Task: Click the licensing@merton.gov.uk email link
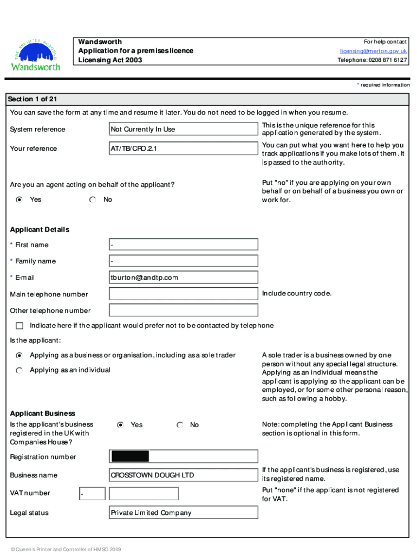click(373, 51)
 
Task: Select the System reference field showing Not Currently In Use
click(183, 130)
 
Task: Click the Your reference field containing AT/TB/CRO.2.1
click(183, 149)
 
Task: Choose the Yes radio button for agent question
click(19, 200)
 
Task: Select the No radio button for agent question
click(93, 200)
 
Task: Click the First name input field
click(183, 245)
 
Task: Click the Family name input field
click(183, 261)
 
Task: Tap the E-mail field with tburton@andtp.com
click(183, 278)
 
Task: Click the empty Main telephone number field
click(183, 294)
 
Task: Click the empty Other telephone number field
click(183, 311)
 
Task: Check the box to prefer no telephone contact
click(20, 326)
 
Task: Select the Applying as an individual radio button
click(19, 370)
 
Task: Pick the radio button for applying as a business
click(19, 356)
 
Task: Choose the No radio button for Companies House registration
click(180, 425)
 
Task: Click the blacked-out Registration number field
click(129, 457)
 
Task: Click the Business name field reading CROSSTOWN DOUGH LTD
click(183, 475)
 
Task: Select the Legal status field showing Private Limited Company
click(183, 513)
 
